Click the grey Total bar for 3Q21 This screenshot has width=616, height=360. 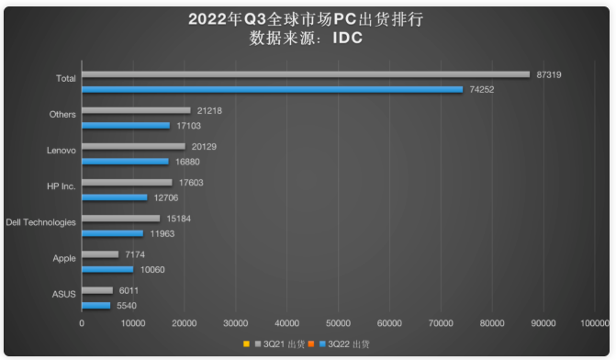(x=306, y=74)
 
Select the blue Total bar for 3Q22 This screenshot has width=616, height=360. (x=272, y=89)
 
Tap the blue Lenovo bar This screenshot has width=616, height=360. (x=125, y=162)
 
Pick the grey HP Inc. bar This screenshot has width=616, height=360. (x=127, y=182)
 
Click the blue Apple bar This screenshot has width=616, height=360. (x=107, y=269)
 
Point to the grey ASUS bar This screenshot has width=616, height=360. (x=97, y=290)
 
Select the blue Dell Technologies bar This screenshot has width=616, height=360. (x=112, y=233)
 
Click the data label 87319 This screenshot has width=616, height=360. (x=550, y=74)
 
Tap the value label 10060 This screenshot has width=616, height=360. (x=154, y=269)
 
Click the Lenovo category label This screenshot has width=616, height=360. (x=61, y=150)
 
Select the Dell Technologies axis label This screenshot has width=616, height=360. (x=40, y=222)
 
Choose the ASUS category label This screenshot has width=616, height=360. (x=63, y=294)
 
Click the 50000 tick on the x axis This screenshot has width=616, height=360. (x=339, y=323)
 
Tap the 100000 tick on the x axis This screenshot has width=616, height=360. (x=594, y=323)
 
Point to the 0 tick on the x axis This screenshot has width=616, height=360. (x=82, y=323)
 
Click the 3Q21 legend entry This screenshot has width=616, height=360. (x=282, y=344)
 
